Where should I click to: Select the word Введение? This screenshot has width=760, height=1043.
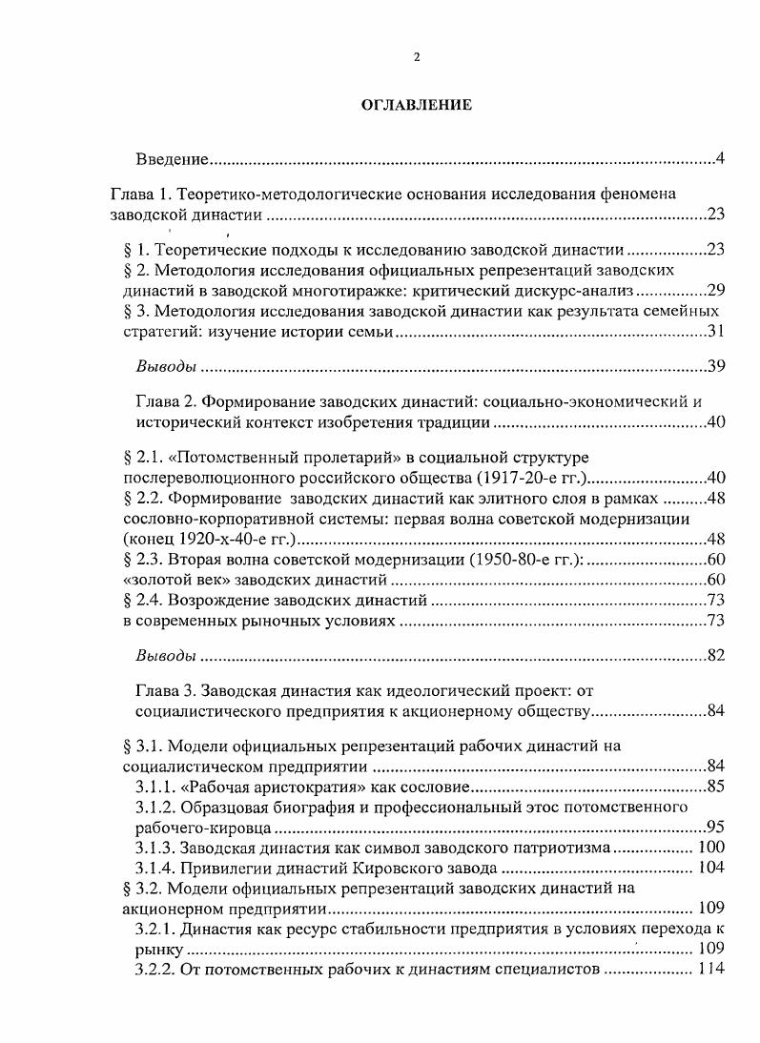(x=172, y=156)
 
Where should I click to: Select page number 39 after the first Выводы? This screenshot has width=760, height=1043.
(x=715, y=366)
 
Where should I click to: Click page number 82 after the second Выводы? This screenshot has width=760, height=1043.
(x=715, y=656)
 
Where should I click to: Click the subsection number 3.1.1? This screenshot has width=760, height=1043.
(x=158, y=787)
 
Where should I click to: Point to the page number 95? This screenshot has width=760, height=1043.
(x=715, y=827)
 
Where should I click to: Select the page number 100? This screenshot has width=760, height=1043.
(x=711, y=847)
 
